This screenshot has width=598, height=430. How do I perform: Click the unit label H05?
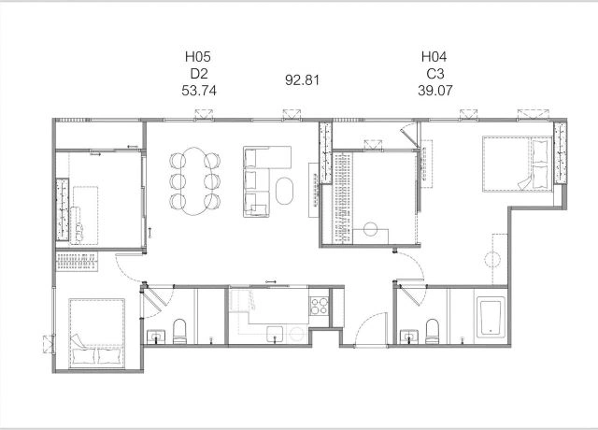pos(197,57)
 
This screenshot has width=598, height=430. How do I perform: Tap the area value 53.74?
pos(199,91)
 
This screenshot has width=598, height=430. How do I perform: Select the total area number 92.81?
pos(302,80)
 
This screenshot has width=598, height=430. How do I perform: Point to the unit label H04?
pos(434,57)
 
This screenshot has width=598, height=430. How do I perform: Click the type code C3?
pos(435,74)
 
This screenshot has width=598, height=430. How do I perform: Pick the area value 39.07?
pos(435,91)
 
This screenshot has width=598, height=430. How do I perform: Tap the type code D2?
pos(199,74)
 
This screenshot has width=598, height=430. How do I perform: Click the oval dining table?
pos(195,181)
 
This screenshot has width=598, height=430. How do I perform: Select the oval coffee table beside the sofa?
pos(284,191)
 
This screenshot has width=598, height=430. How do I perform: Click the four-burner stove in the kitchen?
pos(320,306)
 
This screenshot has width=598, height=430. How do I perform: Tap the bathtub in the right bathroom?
pos(490,319)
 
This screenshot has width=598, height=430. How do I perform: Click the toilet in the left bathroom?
pos(179,331)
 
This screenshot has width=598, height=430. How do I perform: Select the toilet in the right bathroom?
pos(432,331)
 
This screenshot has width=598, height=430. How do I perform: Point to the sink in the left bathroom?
pos(156,337)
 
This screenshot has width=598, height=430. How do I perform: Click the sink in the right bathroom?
pos(409,337)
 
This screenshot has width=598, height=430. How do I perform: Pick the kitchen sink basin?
pos(275,334)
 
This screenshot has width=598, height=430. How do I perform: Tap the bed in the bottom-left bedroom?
pos(97,333)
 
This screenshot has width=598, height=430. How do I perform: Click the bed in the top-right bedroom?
pos(518,164)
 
